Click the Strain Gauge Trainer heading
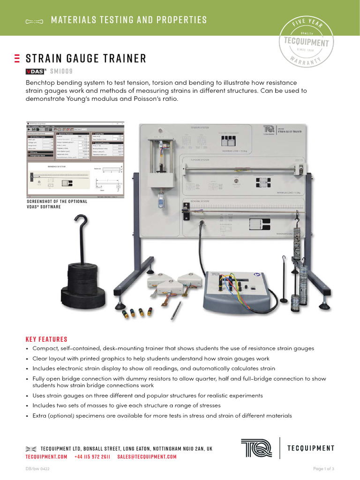[86, 59]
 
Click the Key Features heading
[46, 339]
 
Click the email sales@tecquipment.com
[147, 457]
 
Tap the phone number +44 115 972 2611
[92, 457]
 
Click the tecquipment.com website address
[46, 457]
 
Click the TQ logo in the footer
[256, 448]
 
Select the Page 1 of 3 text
[323, 469]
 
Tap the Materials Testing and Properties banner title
[128, 20]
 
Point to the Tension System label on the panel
[201, 127]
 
